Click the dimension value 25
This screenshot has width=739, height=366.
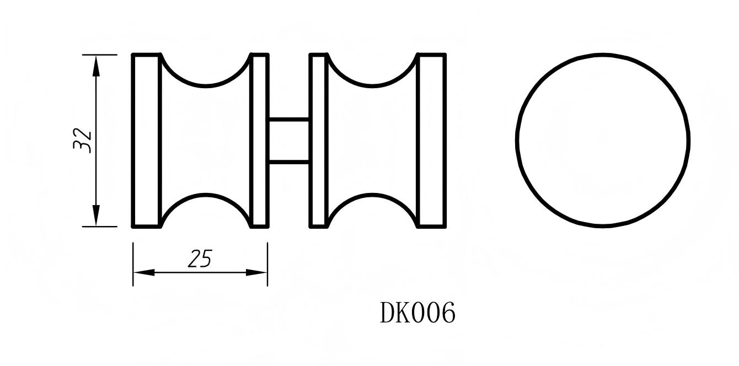point(200,259)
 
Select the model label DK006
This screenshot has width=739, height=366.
point(417,313)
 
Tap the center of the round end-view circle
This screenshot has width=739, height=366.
point(603,140)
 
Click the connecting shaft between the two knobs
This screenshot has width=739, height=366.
point(289,141)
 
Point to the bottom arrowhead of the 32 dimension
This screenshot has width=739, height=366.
point(97,216)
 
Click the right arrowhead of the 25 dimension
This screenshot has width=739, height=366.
point(257,272)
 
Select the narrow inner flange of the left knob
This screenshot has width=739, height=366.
point(260,141)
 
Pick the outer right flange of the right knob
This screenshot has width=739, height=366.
point(432,141)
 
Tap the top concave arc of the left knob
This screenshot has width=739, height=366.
point(206,85)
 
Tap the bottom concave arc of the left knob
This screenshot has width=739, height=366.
point(206,195)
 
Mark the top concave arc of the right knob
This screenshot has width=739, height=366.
point(372,85)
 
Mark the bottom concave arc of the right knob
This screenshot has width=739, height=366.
point(372,195)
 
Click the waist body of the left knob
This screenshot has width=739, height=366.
point(206,141)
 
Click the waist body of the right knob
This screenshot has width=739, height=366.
point(372,141)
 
